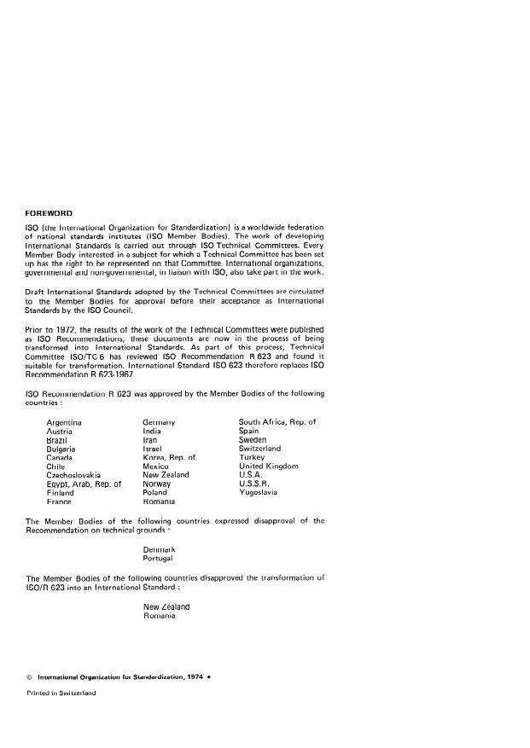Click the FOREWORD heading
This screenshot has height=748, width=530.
pos(50,213)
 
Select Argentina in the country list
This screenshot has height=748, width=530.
pos(64,422)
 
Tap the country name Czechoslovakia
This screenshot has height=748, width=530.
pos(73,475)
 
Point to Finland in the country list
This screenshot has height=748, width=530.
pos(60,493)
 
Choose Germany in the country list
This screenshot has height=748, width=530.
pos(160,422)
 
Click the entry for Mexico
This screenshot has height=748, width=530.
pos(156,467)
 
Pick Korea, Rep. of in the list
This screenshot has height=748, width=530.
pos(170,458)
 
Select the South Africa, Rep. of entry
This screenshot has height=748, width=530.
pos(277,422)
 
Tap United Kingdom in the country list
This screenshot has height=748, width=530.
pos(269,467)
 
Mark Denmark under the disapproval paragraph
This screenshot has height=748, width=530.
pos(160,548)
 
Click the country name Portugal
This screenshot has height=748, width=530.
pos(159,558)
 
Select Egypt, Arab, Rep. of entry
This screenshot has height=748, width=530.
pos(84,484)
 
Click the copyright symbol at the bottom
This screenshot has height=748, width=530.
pos(30,677)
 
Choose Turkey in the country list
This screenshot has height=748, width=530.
pos(253,458)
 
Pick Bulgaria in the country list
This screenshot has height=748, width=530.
pos(61,449)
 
